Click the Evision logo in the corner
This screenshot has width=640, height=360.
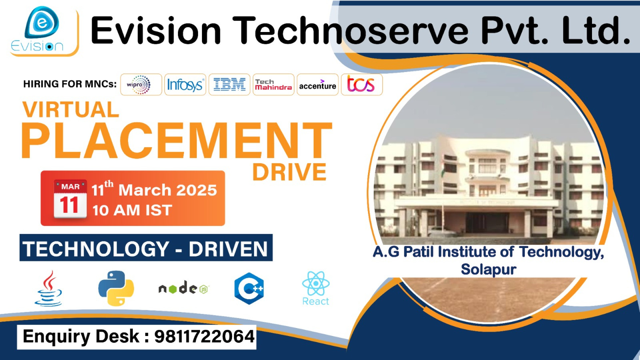[42, 30]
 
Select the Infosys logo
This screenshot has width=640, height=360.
[185, 85]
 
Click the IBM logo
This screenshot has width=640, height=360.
[229, 85]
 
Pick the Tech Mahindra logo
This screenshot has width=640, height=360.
[273, 85]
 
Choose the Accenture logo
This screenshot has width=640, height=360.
[317, 85]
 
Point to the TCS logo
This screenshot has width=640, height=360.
[361, 84]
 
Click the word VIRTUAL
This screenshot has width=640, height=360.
[71, 110]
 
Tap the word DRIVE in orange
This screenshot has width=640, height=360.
[289, 172]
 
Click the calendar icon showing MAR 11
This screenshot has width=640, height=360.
[70, 199]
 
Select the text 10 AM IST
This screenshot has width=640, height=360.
[132, 210]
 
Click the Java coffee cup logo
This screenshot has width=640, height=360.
[49, 289]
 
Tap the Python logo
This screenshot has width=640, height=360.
[116, 288]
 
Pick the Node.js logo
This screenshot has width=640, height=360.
[183, 288]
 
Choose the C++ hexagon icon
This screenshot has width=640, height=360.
[249, 288]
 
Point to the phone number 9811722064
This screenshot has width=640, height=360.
[204, 336]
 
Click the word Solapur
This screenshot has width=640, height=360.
[488, 269]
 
